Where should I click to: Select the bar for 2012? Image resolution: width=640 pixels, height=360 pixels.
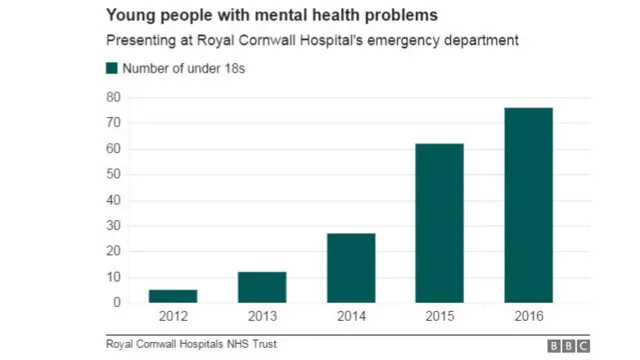(173, 296)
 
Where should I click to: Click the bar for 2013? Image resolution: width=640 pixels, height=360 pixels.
(262, 287)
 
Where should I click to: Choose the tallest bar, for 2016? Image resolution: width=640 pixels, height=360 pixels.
(528, 205)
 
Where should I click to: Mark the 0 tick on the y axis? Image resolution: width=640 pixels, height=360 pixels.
(117, 302)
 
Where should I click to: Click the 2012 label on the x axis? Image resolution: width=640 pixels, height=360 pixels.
(173, 318)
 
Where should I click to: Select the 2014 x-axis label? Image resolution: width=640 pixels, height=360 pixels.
(350, 318)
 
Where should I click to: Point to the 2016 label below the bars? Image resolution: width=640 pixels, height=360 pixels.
(528, 318)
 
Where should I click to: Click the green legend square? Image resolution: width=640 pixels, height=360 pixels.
(110, 68)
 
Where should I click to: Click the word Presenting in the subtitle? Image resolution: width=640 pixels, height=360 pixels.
(139, 41)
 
